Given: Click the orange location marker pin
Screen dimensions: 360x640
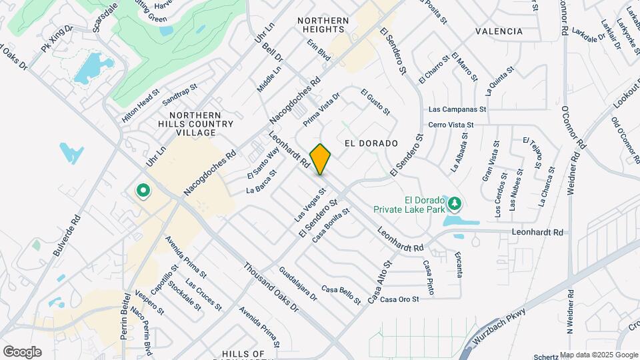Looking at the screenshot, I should [321, 159].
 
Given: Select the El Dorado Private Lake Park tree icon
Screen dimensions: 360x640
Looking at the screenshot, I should [455, 202].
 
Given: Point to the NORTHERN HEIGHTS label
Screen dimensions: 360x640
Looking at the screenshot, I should [323, 25].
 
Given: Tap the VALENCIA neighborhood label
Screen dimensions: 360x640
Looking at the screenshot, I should [499, 31].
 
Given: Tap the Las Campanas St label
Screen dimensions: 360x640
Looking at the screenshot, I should [457, 109].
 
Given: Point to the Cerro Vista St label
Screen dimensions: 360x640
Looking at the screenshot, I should [451, 125].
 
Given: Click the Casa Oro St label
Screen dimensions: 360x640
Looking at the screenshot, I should [399, 299].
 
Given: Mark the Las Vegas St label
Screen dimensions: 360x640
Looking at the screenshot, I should [310, 205].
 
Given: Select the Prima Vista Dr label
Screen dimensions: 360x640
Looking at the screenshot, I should [321, 110].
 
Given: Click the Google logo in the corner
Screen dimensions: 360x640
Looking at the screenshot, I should [22, 352].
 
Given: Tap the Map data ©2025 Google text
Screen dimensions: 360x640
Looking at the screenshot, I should [598, 355].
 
